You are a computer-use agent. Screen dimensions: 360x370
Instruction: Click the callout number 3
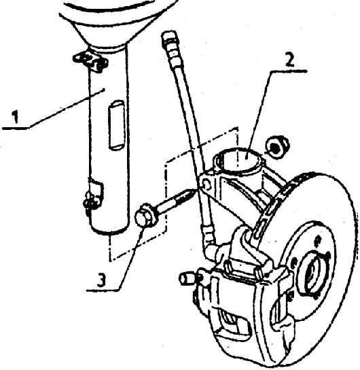[102, 280]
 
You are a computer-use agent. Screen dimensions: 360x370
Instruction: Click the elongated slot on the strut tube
[116, 125]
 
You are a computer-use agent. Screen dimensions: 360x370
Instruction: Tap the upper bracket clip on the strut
[91, 61]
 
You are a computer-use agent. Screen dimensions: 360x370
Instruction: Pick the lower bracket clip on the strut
[92, 195]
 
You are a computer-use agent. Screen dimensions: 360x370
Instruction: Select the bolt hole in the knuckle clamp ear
[207, 184]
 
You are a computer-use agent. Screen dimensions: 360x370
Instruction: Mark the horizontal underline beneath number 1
[16, 128]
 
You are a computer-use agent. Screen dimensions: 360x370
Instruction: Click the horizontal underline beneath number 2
[289, 71]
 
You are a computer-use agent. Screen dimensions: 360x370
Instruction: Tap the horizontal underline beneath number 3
[103, 290]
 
